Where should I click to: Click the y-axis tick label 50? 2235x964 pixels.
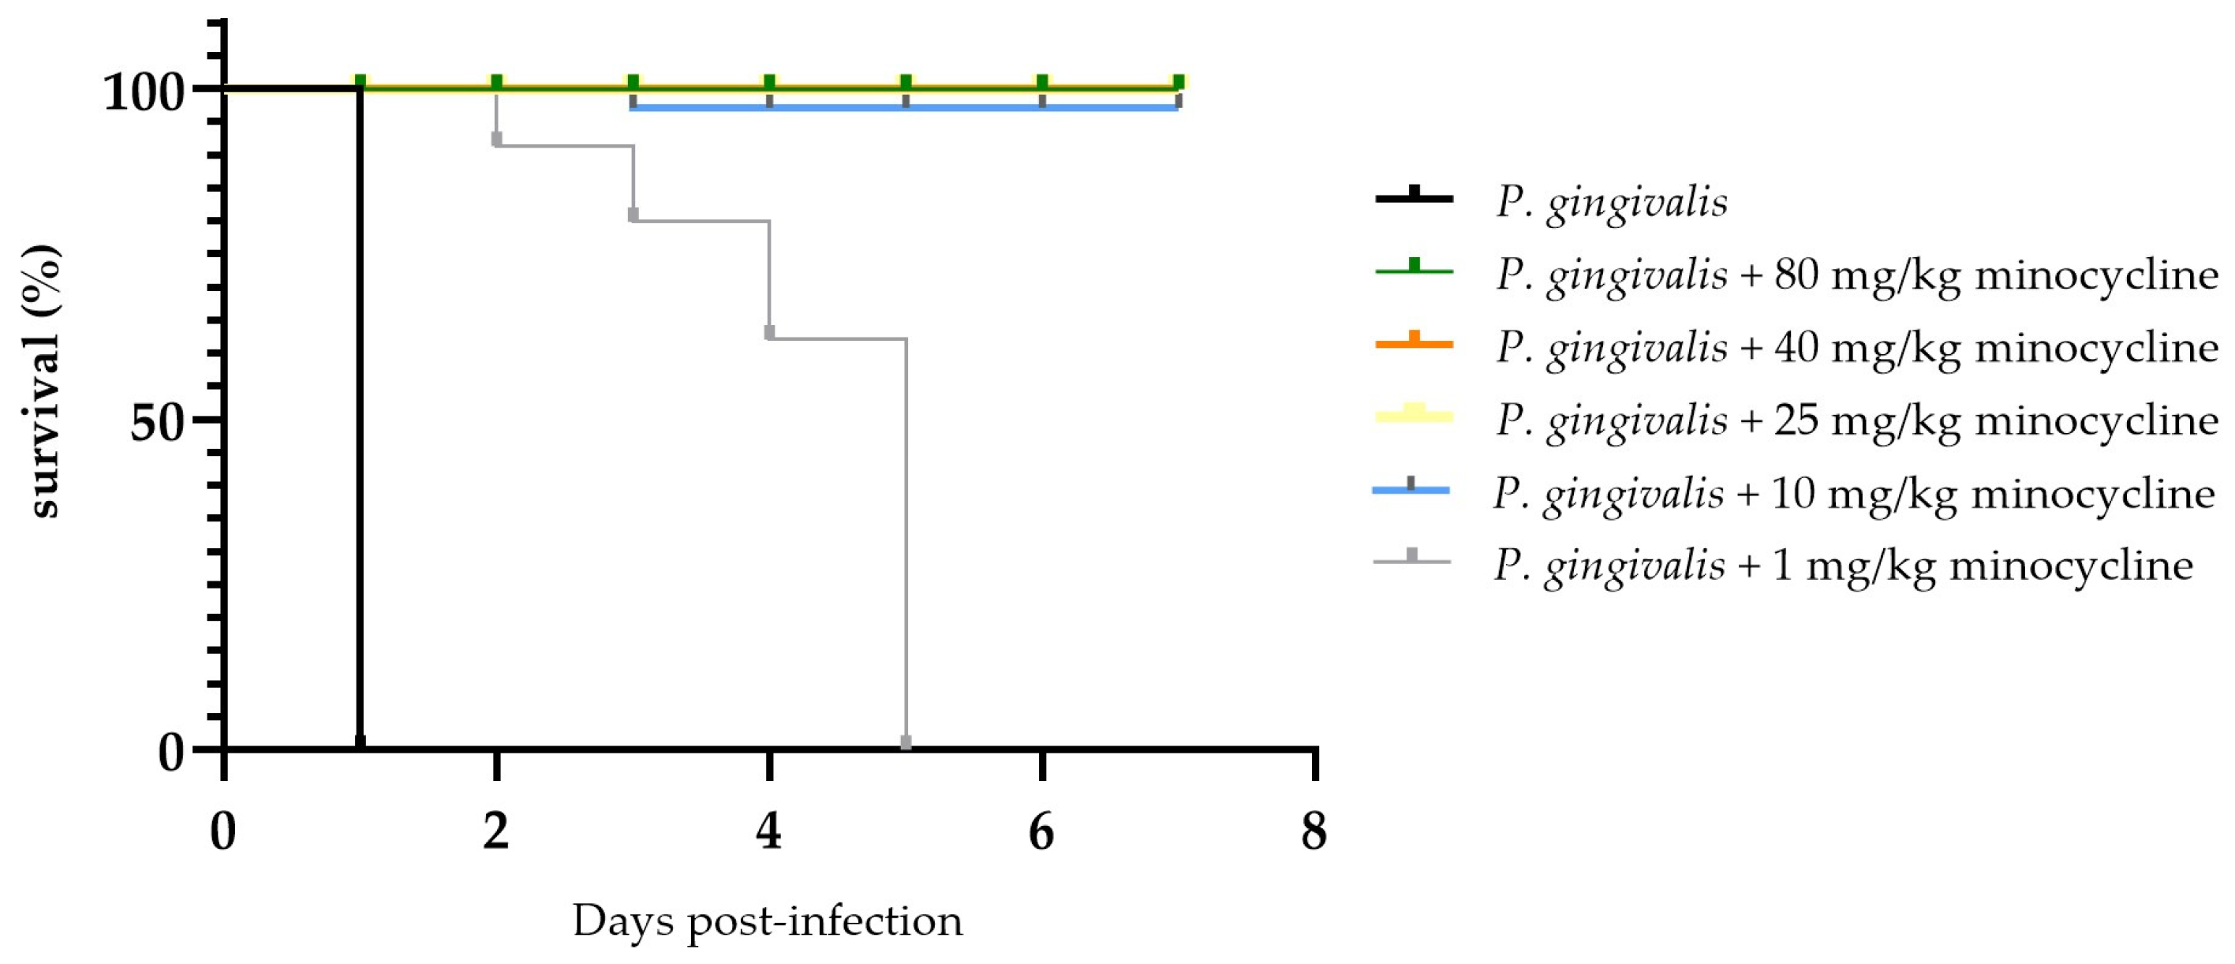158,423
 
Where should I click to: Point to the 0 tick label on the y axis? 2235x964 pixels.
172,753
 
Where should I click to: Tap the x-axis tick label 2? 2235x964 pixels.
495,831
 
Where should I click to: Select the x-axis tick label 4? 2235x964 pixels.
768,831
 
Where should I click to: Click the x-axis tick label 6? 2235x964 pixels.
1041,831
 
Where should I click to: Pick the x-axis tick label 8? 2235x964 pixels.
1314,831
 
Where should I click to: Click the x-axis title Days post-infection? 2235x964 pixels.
767,921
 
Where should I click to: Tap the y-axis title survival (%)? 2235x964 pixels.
43,382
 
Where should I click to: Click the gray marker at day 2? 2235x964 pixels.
496,139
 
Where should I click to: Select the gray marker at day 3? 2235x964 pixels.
633,215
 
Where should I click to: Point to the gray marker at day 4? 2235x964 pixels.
769,332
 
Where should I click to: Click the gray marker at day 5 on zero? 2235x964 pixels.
906,742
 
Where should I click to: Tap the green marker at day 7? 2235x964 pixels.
1178,82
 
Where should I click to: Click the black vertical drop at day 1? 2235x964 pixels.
359,417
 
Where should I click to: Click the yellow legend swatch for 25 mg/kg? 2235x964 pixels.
1415,416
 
